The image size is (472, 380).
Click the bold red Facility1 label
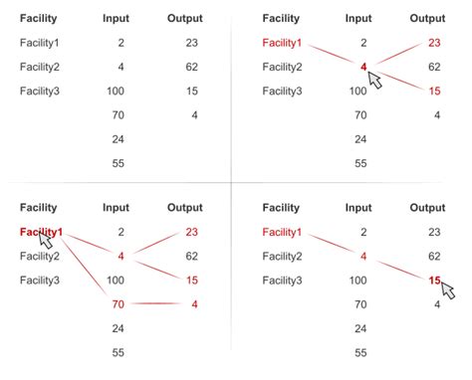[x=41, y=232]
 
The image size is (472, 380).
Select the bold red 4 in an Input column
[x=363, y=68]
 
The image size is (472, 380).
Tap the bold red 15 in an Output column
[x=434, y=281]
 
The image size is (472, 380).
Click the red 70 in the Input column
[x=118, y=304]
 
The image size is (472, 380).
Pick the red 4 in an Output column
[x=195, y=304]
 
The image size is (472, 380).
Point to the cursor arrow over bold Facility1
[x=46, y=241]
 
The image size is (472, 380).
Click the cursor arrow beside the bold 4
[x=375, y=80]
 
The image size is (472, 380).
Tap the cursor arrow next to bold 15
[x=447, y=291]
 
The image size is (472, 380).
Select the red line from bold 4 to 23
[x=397, y=55]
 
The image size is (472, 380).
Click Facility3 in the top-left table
[x=40, y=92]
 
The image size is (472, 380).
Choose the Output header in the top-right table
[x=427, y=19]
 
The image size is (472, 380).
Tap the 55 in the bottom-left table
[x=118, y=352]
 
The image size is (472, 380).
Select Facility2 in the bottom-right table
[x=282, y=257]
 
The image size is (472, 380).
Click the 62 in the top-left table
[x=191, y=68]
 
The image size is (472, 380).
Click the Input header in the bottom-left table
[x=116, y=208]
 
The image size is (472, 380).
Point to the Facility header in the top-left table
[x=38, y=19]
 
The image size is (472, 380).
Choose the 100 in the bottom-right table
[x=358, y=281]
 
